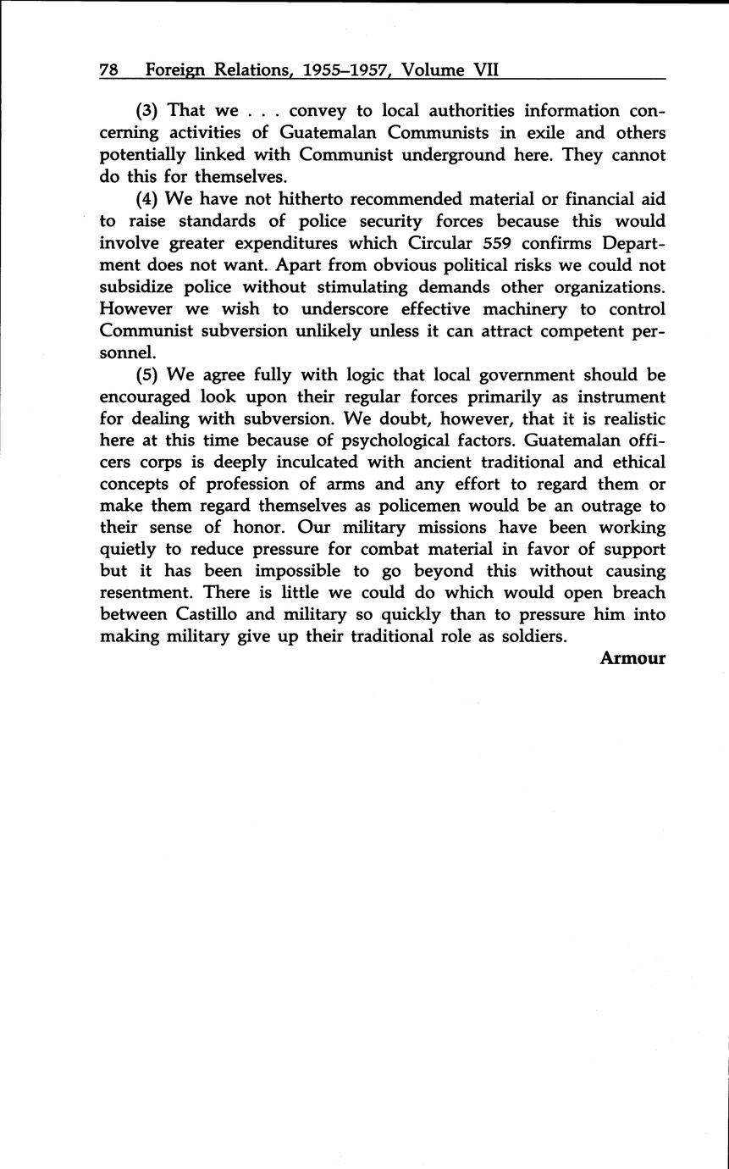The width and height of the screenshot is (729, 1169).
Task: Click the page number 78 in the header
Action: pyautogui.click(x=108, y=71)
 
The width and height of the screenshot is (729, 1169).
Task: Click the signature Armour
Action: pyautogui.click(x=632, y=657)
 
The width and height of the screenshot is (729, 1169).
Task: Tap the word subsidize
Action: pyautogui.click(x=138, y=287)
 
